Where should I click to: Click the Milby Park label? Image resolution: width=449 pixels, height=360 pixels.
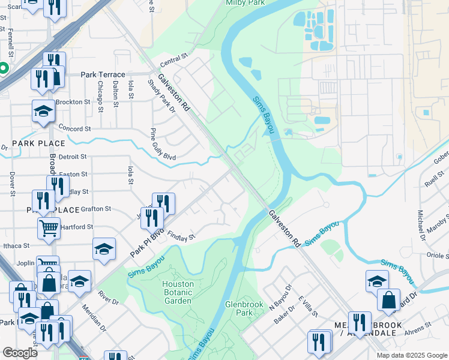tap(244, 3)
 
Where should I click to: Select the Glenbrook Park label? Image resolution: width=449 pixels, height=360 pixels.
tap(244, 308)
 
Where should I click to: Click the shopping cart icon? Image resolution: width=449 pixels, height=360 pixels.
tap(49, 227)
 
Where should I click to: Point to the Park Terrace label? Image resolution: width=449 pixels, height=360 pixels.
tap(103, 74)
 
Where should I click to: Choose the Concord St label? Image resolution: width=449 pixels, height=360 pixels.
tap(74, 128)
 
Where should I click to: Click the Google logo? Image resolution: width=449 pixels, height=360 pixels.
tap(20, 353)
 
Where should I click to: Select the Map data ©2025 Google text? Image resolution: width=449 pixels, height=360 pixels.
tap(411, 355)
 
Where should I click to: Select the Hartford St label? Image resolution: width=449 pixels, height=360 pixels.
tap(77, 227)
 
